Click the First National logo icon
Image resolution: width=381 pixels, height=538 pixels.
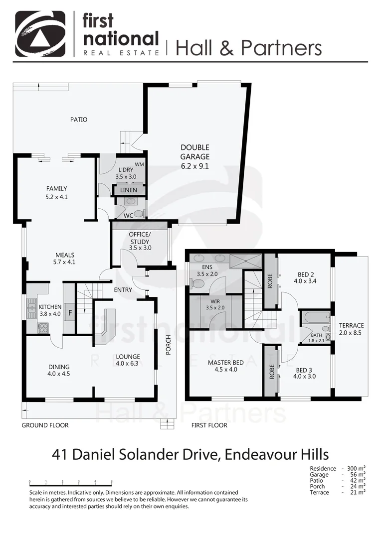(x=40, y=33)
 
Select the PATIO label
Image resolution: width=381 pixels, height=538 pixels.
(x=78, y=120)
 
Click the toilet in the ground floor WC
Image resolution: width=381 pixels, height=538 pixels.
(x=139, y=213)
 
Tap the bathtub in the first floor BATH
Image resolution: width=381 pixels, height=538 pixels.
(x=315, y=318)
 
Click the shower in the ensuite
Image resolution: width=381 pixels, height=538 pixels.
(x=245, y=261)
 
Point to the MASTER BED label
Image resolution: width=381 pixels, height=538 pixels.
(x=225, y=363)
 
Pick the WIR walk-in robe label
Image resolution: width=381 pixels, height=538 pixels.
(x=215, y=301)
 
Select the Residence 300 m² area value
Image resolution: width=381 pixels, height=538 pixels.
(x=358, y=469)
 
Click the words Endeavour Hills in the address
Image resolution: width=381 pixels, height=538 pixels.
(x=276, y=454)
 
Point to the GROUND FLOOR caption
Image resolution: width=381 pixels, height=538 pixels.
(x=45, y=425)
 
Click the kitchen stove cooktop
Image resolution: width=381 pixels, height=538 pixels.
(x=43, y=327)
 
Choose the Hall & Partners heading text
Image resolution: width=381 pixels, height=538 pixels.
(x=248, y=48)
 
